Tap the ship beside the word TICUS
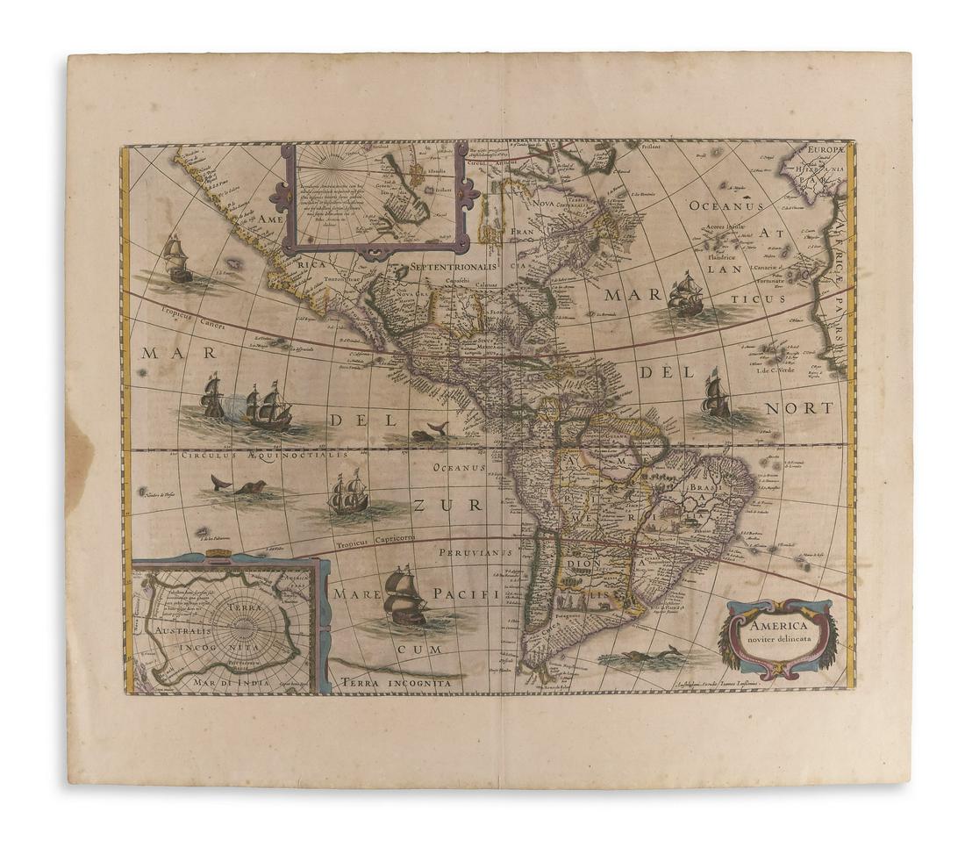coord(685,294)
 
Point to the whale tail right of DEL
coord(437,429)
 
